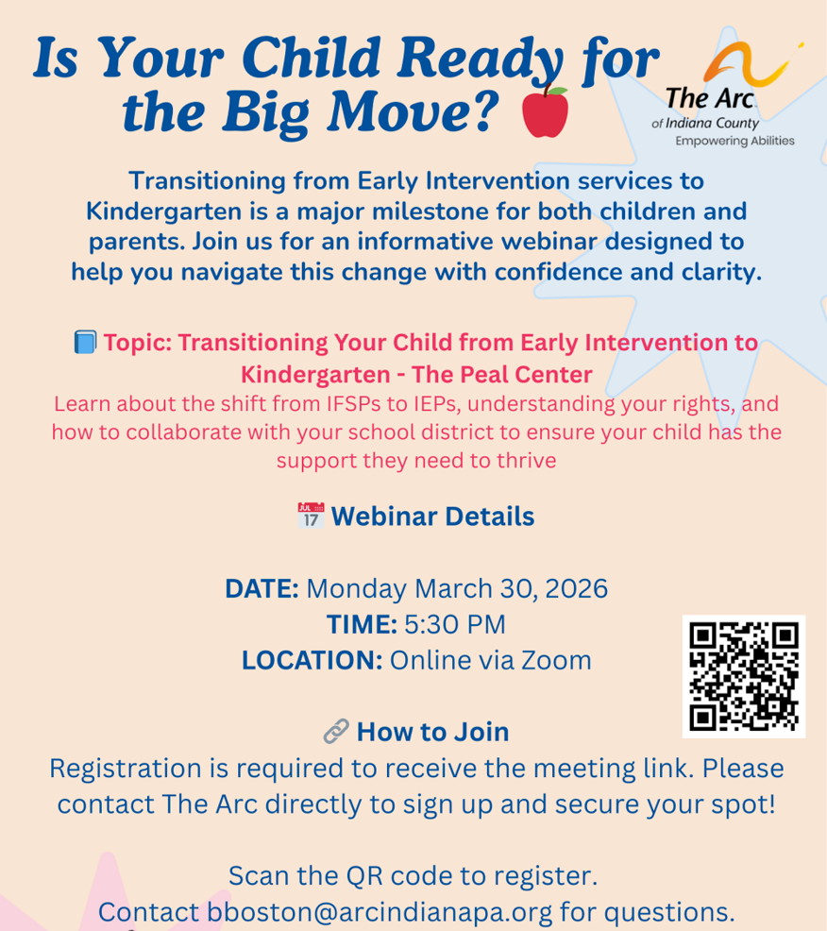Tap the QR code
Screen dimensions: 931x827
(744, 676)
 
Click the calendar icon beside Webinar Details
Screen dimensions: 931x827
(311, 516)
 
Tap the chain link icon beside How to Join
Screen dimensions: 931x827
(335, 732)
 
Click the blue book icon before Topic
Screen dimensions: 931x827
(85, 342)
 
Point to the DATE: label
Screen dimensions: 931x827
(262, 589)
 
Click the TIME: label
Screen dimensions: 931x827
(362, 624)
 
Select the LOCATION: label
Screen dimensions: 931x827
(312, 659)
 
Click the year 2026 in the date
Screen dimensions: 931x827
(574, 589)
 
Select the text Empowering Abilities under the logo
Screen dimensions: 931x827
(734, 141)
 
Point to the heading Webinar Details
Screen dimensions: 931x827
(432, 516)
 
